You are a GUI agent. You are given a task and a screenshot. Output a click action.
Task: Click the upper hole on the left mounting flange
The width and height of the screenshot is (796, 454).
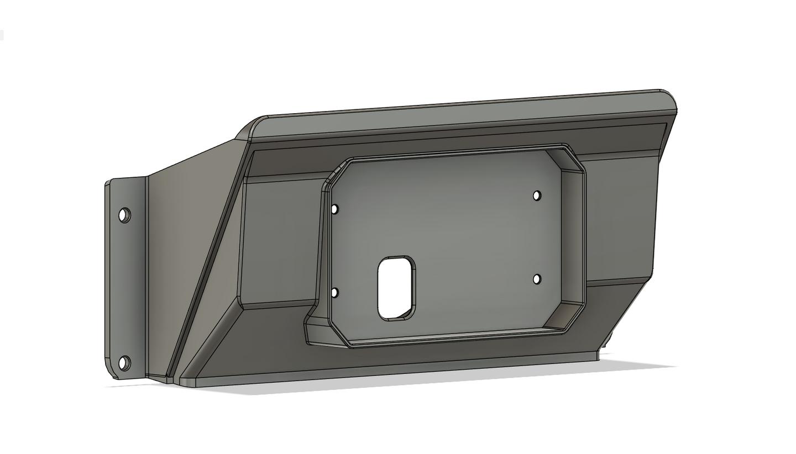click(125, 215)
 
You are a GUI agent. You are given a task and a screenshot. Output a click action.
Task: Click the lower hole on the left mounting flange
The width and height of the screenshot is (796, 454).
click(125, 363)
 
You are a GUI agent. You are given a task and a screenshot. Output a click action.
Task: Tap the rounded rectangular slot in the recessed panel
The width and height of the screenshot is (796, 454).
click(396, 287)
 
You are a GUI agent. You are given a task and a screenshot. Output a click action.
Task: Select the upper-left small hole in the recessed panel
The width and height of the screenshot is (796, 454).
click(334, 209)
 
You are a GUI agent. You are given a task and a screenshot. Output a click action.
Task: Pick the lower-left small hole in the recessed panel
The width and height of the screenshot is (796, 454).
click(334, 293)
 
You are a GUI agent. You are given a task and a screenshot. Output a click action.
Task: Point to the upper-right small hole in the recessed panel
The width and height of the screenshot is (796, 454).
click(537, 196)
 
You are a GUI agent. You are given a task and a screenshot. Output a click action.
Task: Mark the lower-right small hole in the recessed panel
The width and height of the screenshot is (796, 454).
click(537, 279)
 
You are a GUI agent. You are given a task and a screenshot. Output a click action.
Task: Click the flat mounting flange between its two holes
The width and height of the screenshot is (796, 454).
click(126, 287)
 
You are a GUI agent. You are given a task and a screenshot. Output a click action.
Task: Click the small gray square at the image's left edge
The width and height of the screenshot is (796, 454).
click(2, 35)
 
